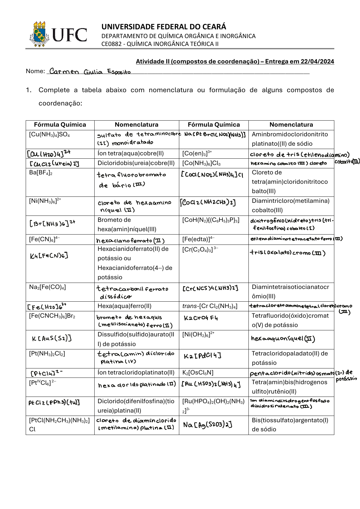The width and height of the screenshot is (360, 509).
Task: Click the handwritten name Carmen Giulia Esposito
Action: (90, 72)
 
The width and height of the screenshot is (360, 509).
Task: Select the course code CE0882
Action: (111, 44)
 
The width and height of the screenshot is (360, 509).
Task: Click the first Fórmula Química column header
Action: (60, 125)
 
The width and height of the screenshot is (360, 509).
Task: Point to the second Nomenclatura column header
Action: (291, 125)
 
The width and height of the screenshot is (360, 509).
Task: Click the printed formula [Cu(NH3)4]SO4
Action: (49, 135)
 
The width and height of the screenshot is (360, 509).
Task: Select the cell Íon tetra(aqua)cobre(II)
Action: (131, 153)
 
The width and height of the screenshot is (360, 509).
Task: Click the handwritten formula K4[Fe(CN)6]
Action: (49, 256)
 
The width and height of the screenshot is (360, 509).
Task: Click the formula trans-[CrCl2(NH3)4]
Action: (210, 306)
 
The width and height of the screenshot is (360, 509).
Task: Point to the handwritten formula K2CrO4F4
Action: (200, 318)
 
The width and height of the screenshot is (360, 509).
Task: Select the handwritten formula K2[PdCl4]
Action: (202, 356)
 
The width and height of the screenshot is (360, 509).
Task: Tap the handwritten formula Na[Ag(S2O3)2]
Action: (208, 425)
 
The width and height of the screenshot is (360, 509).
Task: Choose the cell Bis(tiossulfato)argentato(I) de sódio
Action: (290, 424)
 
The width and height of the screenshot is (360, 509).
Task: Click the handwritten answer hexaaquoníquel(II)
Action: (283, 339)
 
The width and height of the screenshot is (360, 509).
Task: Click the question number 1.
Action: (29, 90)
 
